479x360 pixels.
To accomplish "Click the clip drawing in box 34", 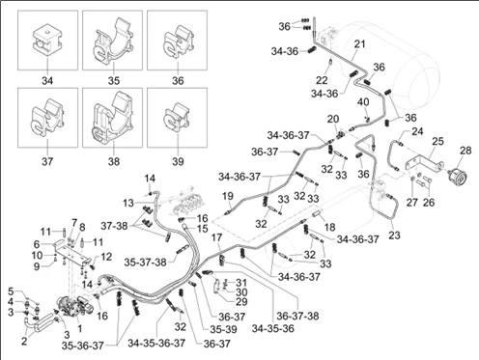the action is click(47, 40).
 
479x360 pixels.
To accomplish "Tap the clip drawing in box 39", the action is click(178, 118).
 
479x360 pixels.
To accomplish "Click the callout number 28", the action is click(465, 151).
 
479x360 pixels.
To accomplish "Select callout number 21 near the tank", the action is click(360, 43).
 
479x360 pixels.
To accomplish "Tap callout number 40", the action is click(363, 102).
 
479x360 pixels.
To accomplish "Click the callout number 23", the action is click(394, 235).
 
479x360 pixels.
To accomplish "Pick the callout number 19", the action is click(228, 196).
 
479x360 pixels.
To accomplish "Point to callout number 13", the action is click(127, 203).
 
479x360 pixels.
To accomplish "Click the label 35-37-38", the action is click(146, 263).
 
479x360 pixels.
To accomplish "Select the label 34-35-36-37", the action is click(156, 343).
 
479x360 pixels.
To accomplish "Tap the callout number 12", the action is click(106, 257).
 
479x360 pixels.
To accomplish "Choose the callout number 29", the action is click(241, 301).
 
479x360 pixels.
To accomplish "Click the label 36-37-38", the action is click(297, 316).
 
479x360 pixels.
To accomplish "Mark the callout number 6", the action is click(37, 244).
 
